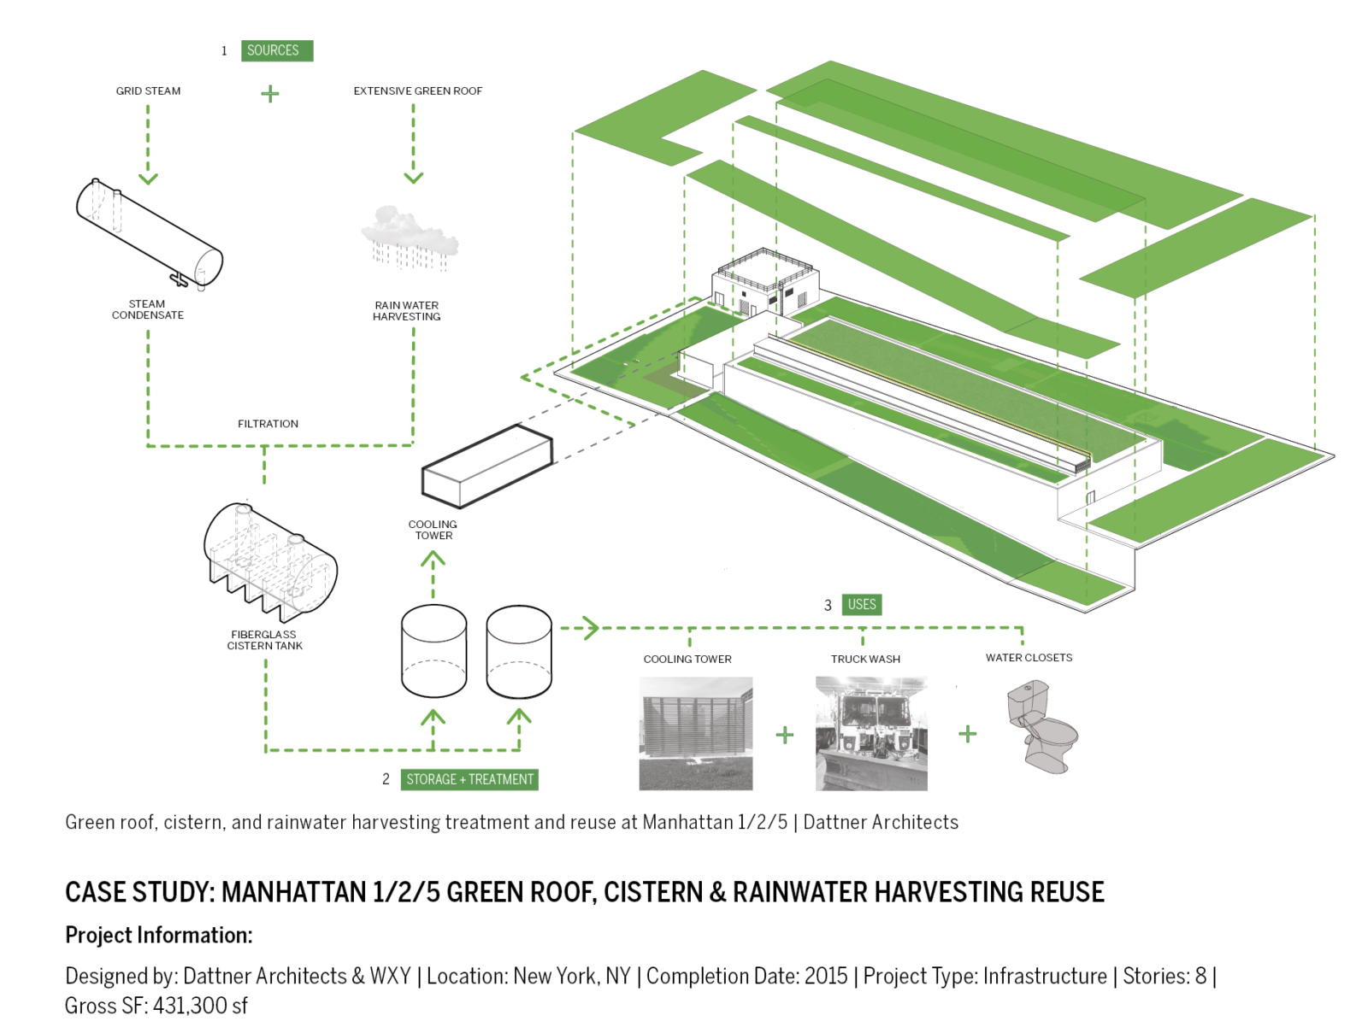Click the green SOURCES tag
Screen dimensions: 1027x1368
tap(276, 50)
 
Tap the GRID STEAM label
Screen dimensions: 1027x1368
tap(148, 91)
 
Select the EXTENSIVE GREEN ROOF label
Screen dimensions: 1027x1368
tap(417, 91)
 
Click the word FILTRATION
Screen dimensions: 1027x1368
tap(268, 424)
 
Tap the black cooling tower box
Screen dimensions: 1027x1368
tap(486, 467)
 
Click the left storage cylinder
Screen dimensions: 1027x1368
tap(433, 651)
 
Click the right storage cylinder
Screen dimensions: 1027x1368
tap(519, 651)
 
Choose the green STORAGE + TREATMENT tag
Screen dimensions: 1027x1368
tap(469, 779)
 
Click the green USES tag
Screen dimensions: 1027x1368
tap(861, 605)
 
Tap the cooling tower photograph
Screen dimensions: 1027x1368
tap(695, 733)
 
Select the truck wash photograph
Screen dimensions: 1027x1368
tap(870, 733)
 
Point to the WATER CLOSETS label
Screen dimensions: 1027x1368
tap(1029, 658)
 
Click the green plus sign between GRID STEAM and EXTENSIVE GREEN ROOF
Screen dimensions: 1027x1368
tap(269, 93)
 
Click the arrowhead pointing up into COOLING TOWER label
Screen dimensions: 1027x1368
tap(433, 560)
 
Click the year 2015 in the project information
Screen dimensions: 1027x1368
tap(826, 976)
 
